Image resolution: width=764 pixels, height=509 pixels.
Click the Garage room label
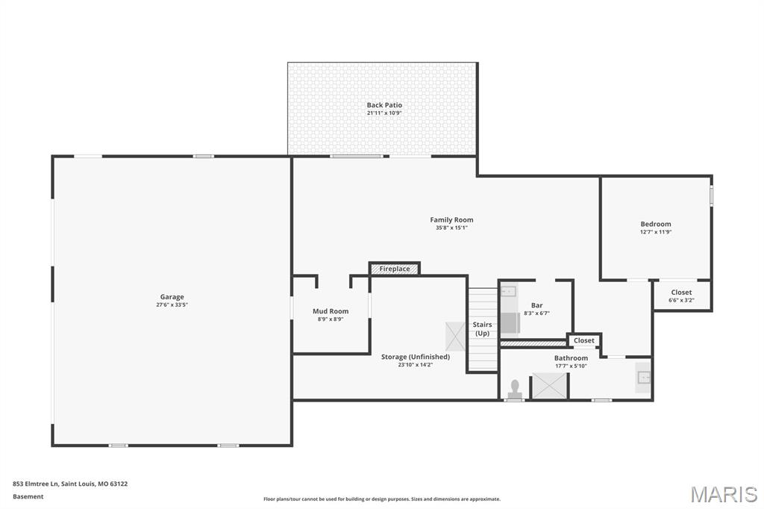tap(172, 297)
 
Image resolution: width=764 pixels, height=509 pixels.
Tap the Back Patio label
tap(384, 105)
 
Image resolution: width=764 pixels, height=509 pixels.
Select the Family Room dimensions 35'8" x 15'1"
tap(451, 228)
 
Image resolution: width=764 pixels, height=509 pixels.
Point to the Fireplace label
tap(394, 269)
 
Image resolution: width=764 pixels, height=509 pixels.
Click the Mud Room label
tap(330, 311)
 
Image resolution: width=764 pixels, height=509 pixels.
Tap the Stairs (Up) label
tap(482, 329)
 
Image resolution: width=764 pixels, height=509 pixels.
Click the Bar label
tap(536, 305)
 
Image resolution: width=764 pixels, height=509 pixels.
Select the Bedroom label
tap(655, 224)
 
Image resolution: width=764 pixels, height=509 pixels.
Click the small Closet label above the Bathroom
tap(584, 340)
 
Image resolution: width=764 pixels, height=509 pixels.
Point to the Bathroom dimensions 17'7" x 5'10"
tap(571, 366)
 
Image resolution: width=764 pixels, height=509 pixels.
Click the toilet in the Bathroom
tap(514, 389)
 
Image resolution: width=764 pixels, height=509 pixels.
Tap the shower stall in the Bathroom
tap(549, 386)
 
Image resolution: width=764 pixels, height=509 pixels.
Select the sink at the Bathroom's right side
tap(643, 378)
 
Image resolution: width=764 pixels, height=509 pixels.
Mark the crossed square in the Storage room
tap(455, 336)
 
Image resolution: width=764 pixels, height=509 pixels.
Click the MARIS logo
tap(723, 494)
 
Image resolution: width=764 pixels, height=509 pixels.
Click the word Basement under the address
tap(28, 496)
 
